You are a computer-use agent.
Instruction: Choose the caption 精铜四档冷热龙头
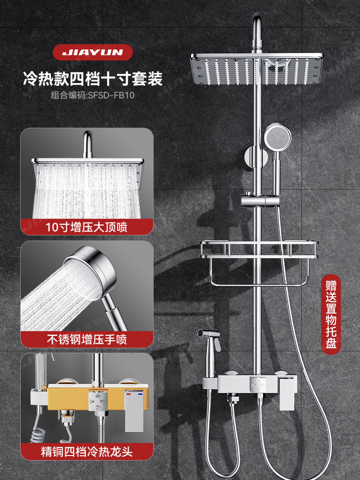(x=86, y=452)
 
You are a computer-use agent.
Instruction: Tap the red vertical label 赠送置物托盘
(x=331, y=315)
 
